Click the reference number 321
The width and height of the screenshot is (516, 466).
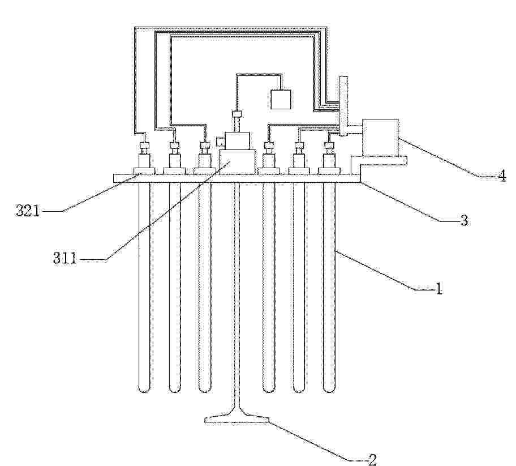tap(28, 211)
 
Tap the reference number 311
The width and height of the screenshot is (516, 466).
tap(65, 258)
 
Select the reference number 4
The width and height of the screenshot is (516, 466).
tap(502, 176)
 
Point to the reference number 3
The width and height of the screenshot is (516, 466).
tap(464, 220)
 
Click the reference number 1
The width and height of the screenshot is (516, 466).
tap(438, 289)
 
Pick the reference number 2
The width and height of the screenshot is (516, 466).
tap(372, 459)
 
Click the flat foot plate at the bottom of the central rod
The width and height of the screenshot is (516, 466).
tap(237, 420)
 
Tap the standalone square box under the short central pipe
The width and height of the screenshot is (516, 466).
tap(281, 99)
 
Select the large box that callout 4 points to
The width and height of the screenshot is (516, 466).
tap(380, 137)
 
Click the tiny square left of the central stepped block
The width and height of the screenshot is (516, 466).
tap(220, 142)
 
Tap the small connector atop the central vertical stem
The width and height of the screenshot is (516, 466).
tap(237, 114)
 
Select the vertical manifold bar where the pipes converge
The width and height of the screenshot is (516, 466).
tap(343, 105)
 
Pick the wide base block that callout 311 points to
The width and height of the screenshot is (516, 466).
tap(237, 162)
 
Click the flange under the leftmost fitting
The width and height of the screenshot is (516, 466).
tap(144, 170)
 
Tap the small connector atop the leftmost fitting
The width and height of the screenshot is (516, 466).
tap(144, 145)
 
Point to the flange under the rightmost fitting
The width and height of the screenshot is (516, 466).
tap(329, 170)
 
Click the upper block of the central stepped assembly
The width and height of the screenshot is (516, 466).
tap(237, 141)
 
